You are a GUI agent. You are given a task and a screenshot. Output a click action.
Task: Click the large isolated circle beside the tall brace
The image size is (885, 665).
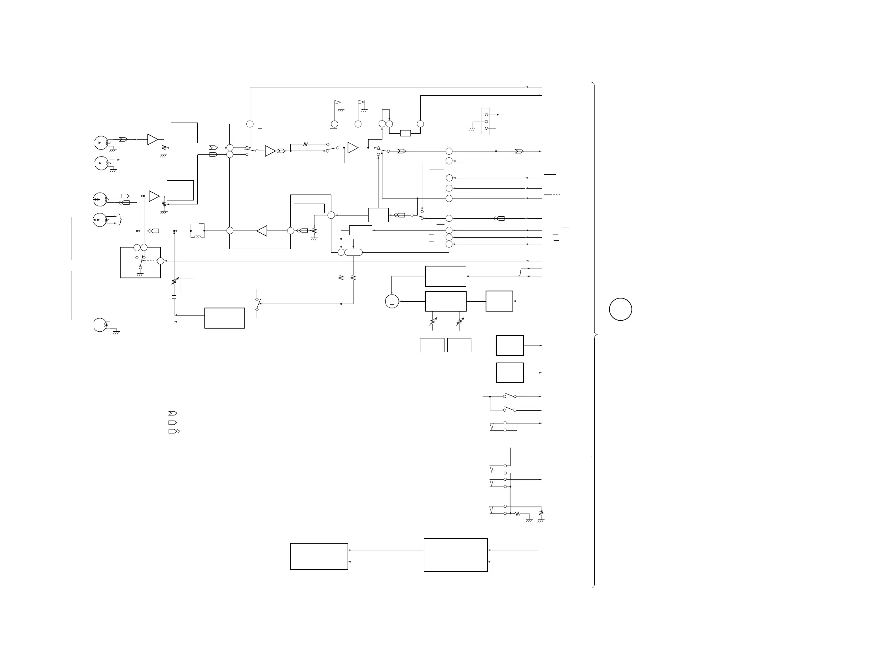pos(620,309)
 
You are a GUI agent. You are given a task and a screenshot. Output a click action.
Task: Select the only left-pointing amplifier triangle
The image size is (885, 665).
pos(262,231)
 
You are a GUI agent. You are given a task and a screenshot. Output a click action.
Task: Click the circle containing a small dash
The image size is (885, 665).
pos(392,302)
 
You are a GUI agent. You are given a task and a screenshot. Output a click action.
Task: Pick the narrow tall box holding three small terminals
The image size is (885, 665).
pos(485,121)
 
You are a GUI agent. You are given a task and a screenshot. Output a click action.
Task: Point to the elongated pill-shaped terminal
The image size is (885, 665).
pos(353,253)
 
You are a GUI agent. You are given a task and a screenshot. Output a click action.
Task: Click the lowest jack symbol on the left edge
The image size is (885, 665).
pos(100,325)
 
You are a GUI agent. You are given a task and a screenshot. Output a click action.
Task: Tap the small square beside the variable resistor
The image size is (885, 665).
pos(187,285)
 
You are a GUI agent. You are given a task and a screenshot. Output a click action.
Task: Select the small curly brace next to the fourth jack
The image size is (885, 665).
pos(120,219)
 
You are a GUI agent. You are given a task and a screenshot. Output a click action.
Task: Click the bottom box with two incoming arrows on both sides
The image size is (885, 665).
pos(456,555)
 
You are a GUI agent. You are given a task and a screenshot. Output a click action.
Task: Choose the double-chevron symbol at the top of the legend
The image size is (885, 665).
pos(172,413)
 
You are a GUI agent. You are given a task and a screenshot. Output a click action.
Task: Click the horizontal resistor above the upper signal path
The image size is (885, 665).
pos(306,144)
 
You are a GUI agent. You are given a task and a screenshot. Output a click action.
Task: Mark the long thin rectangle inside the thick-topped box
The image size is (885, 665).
pos(309,208)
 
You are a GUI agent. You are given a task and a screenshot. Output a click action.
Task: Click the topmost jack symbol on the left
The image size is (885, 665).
pos(101,143)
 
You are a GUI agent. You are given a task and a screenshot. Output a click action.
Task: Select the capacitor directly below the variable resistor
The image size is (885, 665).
pos(174,297)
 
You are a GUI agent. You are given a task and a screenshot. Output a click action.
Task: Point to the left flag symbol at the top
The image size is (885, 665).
pos(338,103)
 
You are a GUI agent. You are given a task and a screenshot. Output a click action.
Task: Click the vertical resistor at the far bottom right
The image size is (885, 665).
pos(541,512)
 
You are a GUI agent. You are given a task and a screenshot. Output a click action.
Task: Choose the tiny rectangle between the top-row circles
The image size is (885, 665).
pos(405,133)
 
